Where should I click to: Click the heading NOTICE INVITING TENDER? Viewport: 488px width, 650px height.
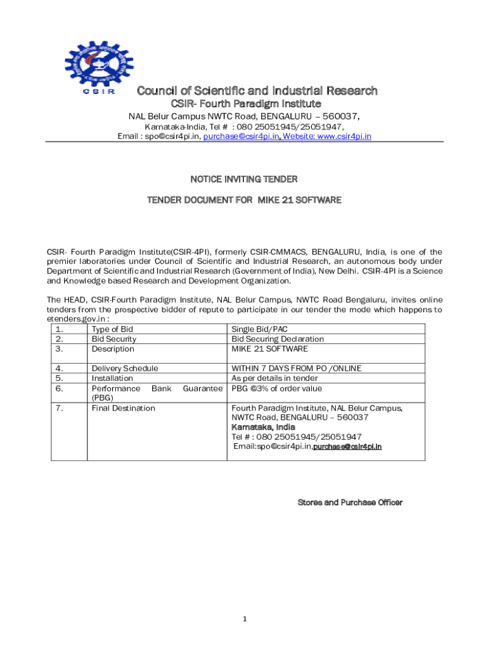click(x=244, y=180)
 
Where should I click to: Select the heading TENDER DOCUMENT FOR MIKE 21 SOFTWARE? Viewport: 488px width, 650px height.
click(x=244, y=200)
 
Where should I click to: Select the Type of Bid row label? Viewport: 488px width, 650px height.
click(x=112, y=329)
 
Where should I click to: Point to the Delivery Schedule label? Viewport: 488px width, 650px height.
click(x=125, y=368)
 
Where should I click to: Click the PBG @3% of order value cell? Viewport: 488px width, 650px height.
click(x=276, y=388)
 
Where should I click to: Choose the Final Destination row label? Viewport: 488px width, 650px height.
click(x=123, y=408)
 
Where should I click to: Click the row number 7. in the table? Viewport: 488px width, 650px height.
click(x=60, y=408)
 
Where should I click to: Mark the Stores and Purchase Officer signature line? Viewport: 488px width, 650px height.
click(x=350, y=503)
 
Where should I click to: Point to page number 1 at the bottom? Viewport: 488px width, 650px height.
click(x=244, y=620)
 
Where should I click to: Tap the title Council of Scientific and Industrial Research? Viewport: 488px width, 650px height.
click(x=257, y=91)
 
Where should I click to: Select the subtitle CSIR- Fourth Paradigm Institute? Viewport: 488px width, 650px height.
click(x=247, y=103)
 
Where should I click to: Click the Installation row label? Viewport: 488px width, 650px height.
click(x=112, y=378)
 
